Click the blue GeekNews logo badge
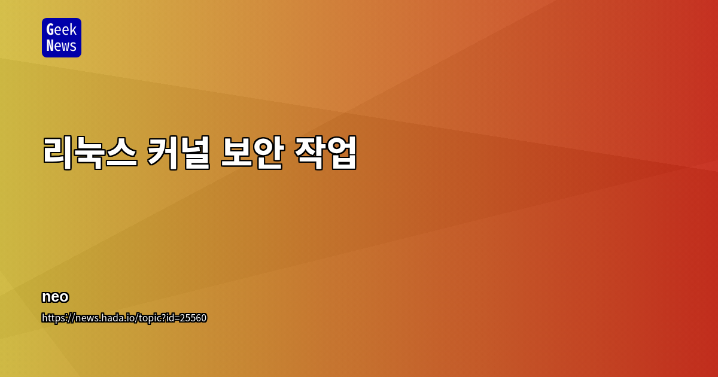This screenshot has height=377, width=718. point(62,38)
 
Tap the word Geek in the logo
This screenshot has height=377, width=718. point(62,29)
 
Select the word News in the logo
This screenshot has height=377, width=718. point(62,46)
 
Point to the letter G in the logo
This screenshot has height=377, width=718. point(50,29)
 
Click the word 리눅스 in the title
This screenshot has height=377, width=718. point(90,153)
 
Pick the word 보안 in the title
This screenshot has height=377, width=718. point(252,153)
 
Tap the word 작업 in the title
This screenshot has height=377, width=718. point(325,153)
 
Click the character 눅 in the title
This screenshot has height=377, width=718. point(90,153)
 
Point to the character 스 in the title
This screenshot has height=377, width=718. point(122,153)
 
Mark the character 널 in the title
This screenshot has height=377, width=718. point(195,153)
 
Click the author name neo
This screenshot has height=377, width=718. point(55,297)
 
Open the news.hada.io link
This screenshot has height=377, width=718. point(124,318)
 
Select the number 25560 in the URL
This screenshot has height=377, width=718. point(194,318)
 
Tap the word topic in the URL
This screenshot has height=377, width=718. point(150,318)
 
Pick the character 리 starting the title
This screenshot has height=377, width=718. point(58,153)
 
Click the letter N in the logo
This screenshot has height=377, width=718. point(50,46)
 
